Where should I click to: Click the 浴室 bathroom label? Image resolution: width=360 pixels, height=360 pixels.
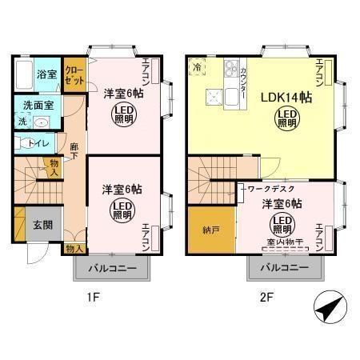coord(46,74)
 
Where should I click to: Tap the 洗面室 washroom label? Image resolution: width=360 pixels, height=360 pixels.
coord(37,105)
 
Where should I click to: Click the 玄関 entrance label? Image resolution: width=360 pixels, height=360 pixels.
coord(42,225)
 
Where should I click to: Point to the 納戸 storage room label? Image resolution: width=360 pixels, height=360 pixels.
coord(212,228)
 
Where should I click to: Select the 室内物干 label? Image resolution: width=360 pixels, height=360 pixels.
coord(283,242)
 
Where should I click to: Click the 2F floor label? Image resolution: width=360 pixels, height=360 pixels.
coord(266,297)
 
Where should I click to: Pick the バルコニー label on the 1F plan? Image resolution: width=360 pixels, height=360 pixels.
coord(112,268)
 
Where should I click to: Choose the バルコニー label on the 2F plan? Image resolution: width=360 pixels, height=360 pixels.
coord(284,268)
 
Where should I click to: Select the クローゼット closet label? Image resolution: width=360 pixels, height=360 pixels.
coord(74,75)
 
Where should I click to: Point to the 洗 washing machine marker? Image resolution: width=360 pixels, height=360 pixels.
coord(22,122)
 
